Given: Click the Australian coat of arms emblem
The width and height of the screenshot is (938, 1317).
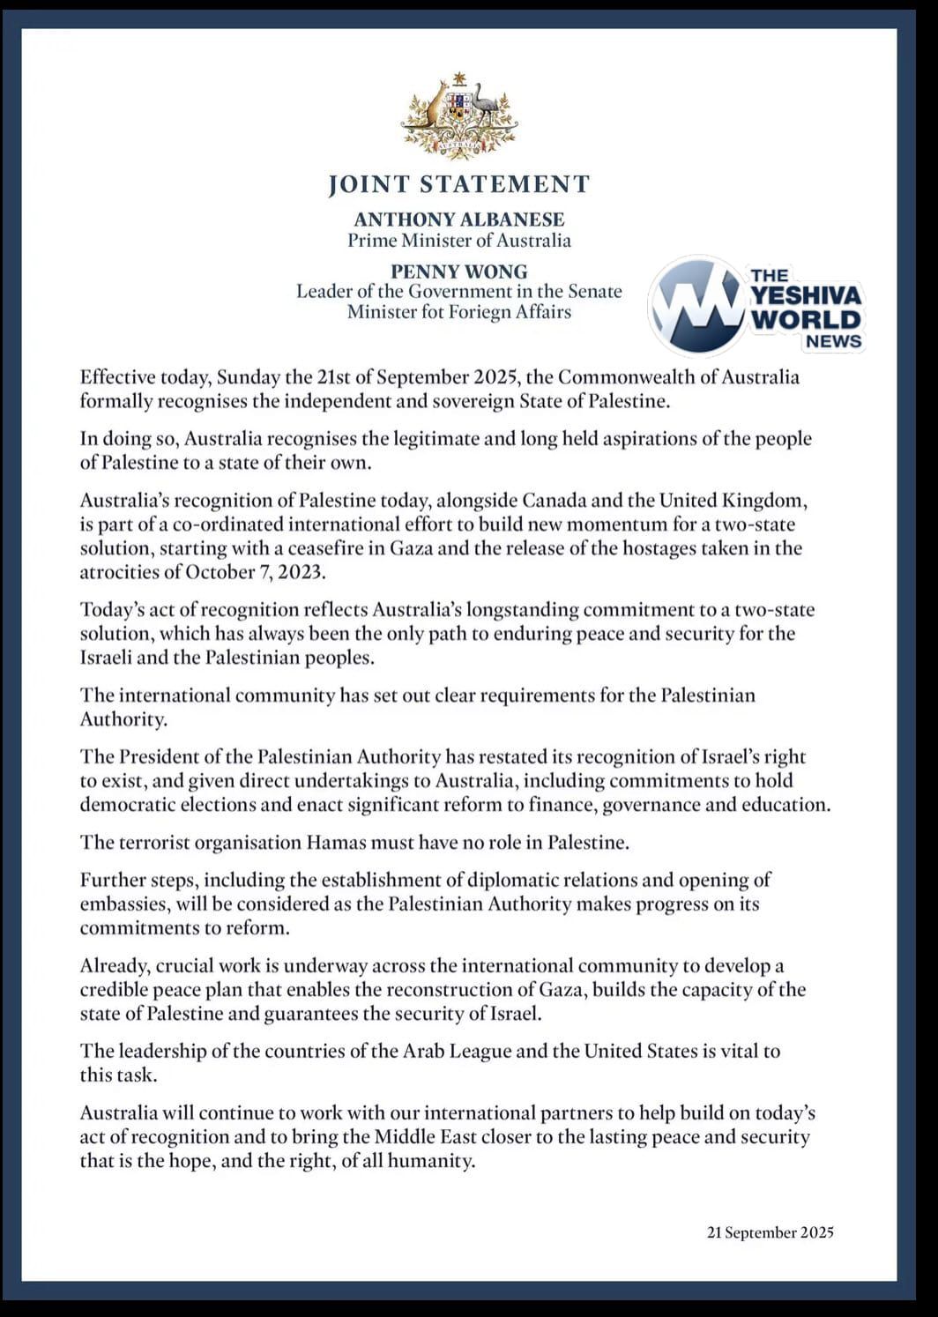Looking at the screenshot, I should click(458, 116).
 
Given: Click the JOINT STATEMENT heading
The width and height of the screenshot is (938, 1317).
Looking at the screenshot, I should click(458, 184).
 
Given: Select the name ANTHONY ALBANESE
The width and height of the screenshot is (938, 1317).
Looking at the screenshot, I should click(458, 219).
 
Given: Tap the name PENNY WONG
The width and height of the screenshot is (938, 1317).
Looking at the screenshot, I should click(458, 272).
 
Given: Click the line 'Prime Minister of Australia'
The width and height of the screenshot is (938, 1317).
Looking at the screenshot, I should click(458, 241).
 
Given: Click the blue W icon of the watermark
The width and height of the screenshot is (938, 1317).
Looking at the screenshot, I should click(696, 305).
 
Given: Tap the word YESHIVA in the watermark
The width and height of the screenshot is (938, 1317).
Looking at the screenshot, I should click(807, 297).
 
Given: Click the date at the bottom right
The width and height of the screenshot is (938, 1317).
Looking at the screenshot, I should click(770, 1232).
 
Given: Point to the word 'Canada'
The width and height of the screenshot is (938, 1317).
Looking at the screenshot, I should click(554, 501).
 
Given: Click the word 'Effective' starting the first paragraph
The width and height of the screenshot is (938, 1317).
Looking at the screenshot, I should click(116, 377).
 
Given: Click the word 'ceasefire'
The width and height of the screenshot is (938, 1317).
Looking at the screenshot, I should click(360, 548).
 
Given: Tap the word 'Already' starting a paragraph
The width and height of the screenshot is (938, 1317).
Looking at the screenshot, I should click(112, 965).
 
